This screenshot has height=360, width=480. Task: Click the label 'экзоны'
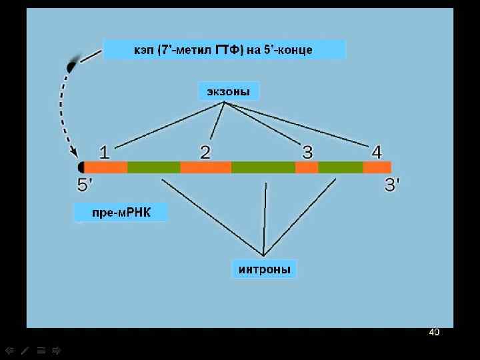tap(228, 91)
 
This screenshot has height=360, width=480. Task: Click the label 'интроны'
tap(264, 269)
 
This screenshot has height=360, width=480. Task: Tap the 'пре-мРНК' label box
tap(120, 213)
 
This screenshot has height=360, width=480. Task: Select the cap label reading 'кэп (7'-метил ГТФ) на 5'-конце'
tap(225, 50)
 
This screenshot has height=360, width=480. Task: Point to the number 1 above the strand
tap(105, 153)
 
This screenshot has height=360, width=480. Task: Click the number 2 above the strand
tap(205, 153)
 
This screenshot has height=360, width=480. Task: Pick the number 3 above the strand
tap(307, 153)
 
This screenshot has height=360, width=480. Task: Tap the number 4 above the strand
tap(377, 153)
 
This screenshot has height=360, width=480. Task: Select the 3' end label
tap(393, 185)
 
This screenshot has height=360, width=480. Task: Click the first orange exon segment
tap(105, 167)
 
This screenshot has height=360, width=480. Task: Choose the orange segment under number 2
tap(205, 167)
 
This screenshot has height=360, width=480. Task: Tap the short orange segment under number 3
tap(307, 167)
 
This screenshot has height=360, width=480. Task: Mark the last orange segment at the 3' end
tap(377, 167)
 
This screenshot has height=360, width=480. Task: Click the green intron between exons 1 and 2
tap(153, 167)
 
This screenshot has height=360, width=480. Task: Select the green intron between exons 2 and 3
tap(263, 167)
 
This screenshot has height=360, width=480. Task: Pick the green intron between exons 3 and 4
tap(340, 167)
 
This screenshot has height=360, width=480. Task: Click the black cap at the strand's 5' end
tap(81, 167)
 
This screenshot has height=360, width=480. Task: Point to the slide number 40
tap(434, 332)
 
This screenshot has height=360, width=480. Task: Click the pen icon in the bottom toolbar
tap(25, 349)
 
